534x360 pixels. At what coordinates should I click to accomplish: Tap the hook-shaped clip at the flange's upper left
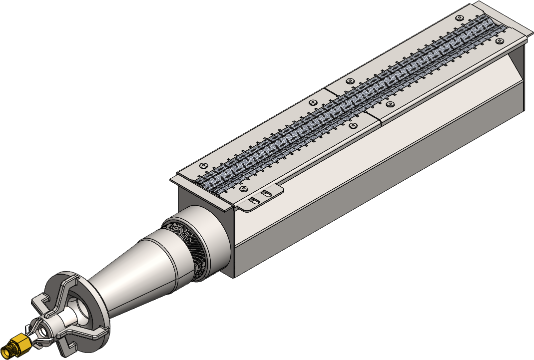(x=40, y=302)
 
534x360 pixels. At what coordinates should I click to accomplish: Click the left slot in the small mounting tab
(x=253, y=199)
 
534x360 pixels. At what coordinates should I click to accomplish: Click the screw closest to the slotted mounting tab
(x=243, y=189)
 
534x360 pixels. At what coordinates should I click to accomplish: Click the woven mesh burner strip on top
(x=350, y=100)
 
